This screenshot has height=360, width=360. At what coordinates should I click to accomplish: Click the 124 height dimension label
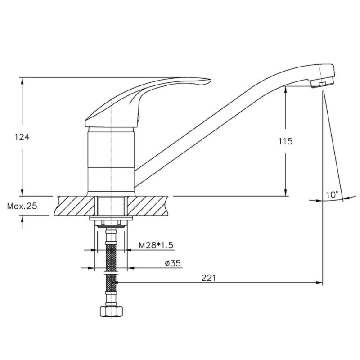[22, 137]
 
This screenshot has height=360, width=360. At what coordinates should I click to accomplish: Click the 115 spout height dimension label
[286, 141]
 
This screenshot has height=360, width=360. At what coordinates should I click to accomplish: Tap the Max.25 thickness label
[22, 206]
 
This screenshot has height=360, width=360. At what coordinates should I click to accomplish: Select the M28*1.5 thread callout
[156, 245]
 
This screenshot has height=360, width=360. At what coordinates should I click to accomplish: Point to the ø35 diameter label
[173, 263]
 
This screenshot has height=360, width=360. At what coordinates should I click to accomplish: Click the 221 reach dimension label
[209, 278]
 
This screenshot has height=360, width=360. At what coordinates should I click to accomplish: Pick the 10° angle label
[332, 195]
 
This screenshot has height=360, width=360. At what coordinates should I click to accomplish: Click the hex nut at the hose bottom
[112, 311]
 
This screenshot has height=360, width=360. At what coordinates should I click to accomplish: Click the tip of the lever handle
[210, 80]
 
